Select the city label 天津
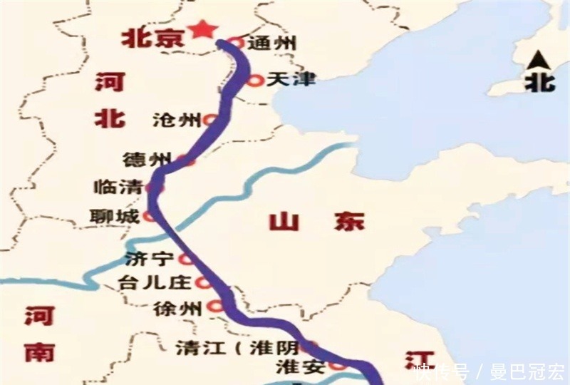pyautogui.click(x=291, y=80)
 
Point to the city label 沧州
pyautogui.click(x=177, y=120)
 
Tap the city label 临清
pyautogui.click(x=119, y=188)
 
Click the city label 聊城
pyautogui.click(x=116, y=215)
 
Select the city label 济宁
pyautogui.click(x=150, y=258)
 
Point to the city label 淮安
pyautogui.click(x=300, y=368)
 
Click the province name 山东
pyautogui.click(x=317, y=222)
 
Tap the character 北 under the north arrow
pyautogui.click(x=539, y=81)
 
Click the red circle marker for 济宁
pyautogui.click(x=187, y=258)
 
